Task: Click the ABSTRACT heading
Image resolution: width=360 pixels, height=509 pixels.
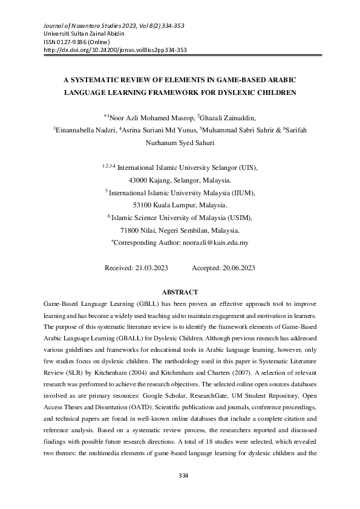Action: click(x=180, y=292)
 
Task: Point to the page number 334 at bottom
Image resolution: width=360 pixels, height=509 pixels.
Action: click(x=180, y=493)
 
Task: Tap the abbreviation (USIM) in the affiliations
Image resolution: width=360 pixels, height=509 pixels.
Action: click(x=238, y=217)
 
